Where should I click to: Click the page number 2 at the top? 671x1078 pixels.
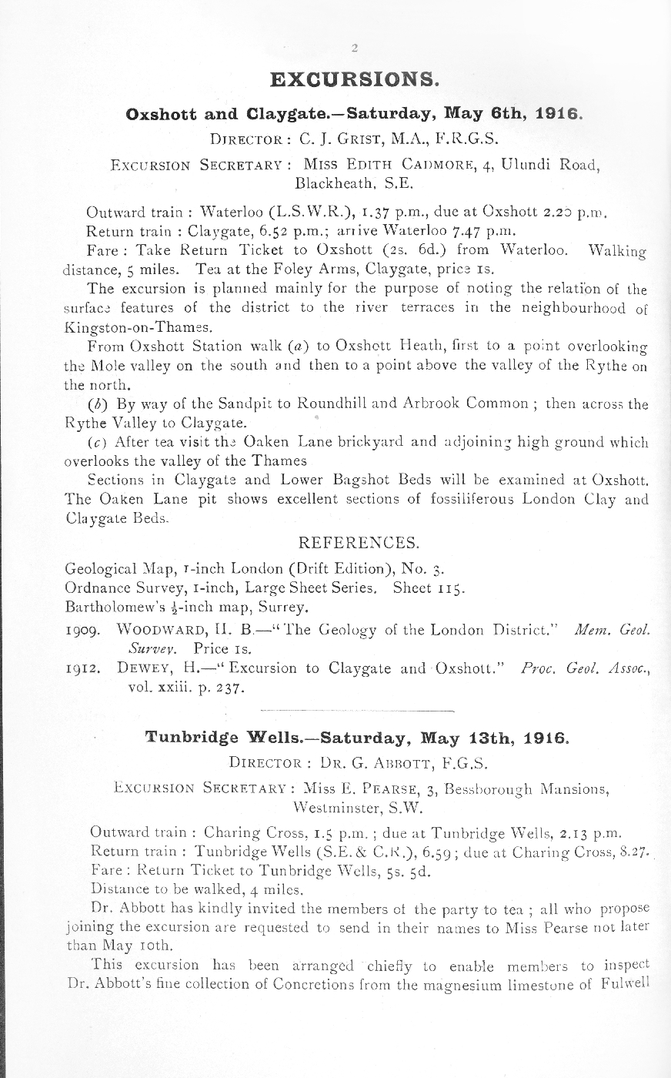tap(355, 49)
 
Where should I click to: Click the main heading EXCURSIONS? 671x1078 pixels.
tap(355, 79)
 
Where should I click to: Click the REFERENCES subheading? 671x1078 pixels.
tap(358, 542)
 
